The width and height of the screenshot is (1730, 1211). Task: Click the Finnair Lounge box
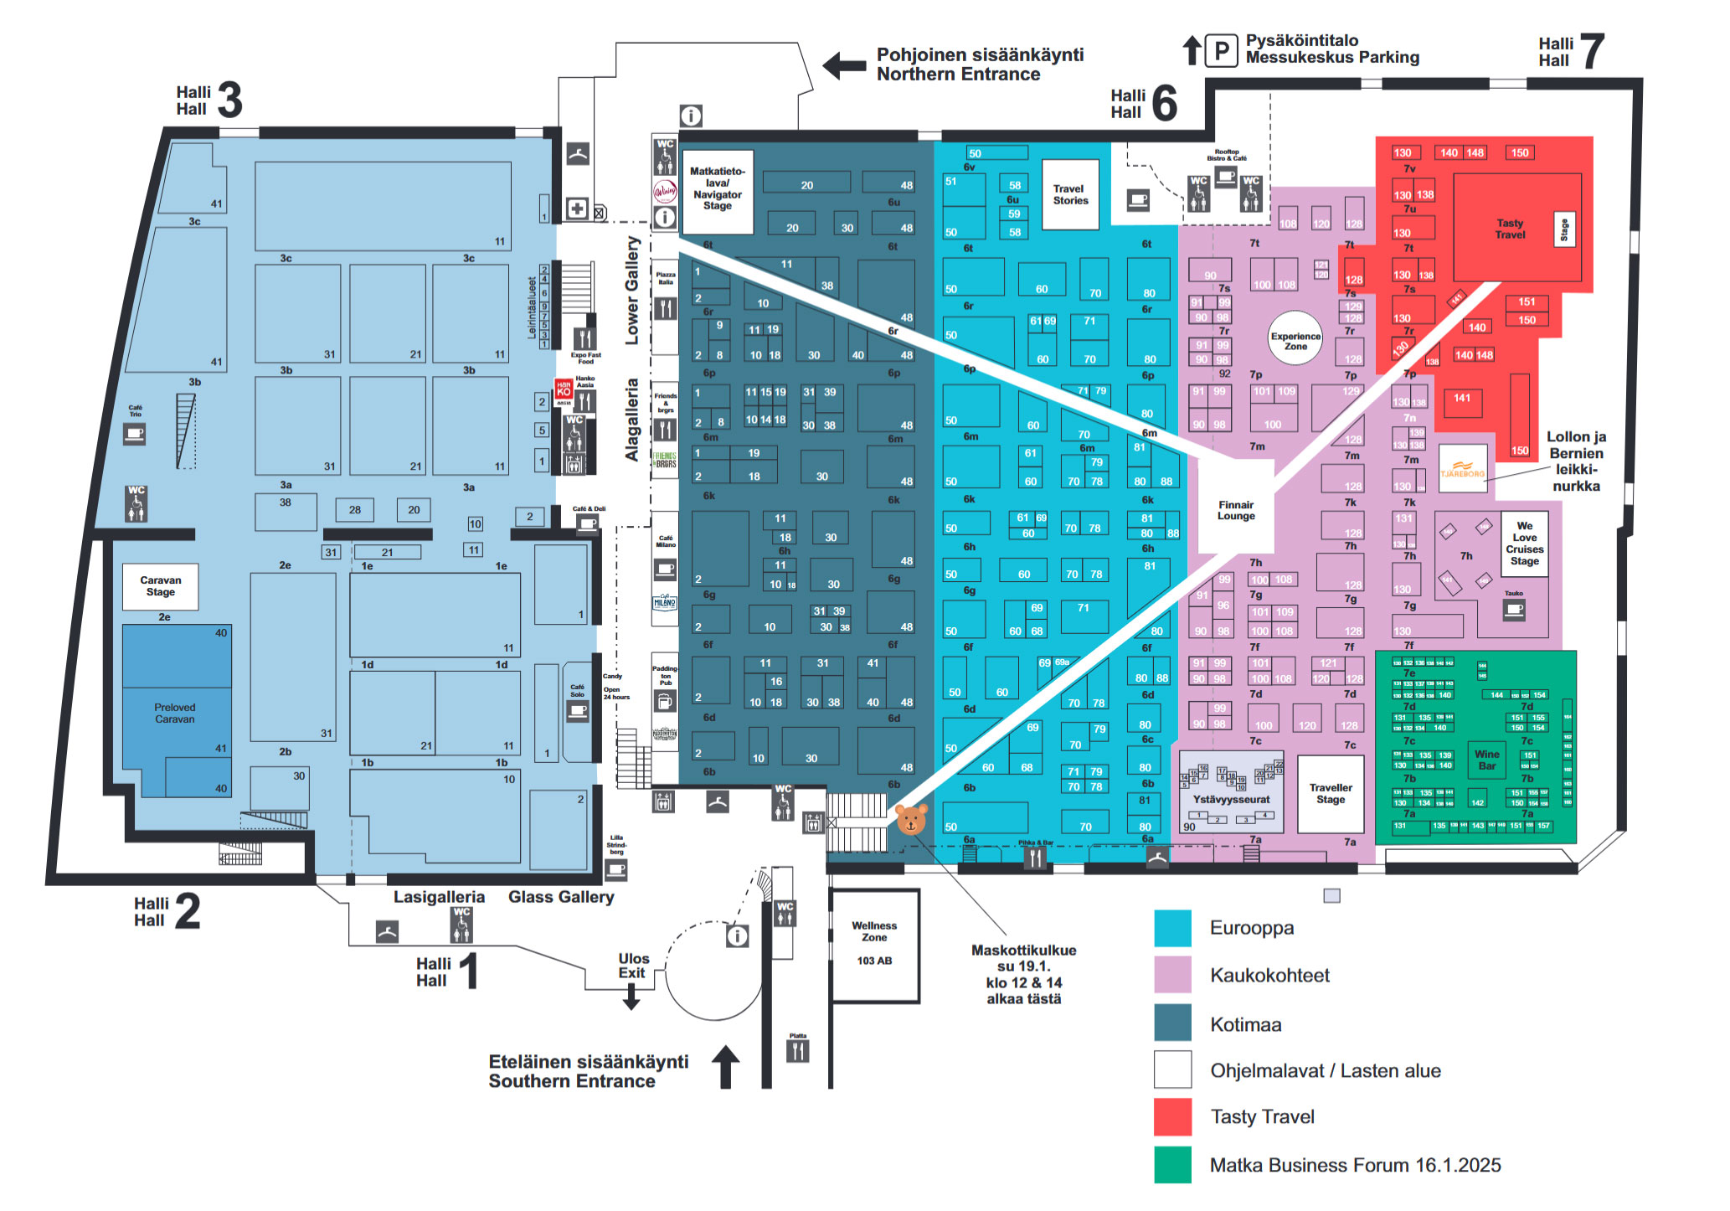tap(1235, 510)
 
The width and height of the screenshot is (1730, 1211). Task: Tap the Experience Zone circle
tap(1295, 339)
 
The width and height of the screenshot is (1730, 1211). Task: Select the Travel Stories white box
tap(1070, 194)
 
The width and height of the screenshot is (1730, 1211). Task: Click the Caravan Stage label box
tap(160, 585)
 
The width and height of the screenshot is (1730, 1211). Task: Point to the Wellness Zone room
tap(874, 944)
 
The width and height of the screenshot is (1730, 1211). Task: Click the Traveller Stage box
tap(1331, 793)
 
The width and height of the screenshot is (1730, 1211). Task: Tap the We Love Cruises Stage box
tap(1524, 544)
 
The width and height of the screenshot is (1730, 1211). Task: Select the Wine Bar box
tap(1486, 760)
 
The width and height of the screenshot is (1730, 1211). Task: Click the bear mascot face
tap(911, 818)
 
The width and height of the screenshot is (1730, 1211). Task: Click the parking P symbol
tap(1222, 51)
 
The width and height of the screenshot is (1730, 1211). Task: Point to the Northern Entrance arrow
tap(844, 65)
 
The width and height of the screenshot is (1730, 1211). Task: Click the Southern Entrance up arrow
tap(725, 1066)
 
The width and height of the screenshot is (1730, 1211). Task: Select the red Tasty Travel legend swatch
tap(1172, 1116)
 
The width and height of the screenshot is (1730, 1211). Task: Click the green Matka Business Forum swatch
tap(1172, 1164)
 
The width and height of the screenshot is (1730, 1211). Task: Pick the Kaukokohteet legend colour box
tap(1172, 975)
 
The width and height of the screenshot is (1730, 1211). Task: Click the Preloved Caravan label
tap(174, 713)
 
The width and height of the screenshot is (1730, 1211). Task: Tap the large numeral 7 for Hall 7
tap(1591, 52)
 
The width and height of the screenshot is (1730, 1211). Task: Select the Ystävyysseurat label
tap(1231, 799)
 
